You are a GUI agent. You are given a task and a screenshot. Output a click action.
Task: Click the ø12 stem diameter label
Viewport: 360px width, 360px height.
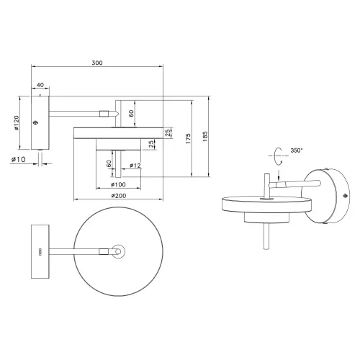pyautogui.click(x=135, y=166)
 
